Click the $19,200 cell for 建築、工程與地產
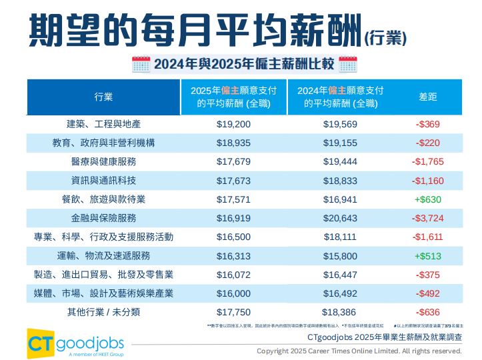click(233, 124)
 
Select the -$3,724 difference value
click(429, 218)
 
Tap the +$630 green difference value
click(429, 199)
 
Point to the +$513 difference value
click(429, 256)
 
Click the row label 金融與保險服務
click(103, 218)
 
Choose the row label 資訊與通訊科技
click(103, 181)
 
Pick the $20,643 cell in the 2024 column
click(340, 218)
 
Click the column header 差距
click(428, 97)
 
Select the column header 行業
click(103, 97)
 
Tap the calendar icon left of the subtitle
click(141, 65)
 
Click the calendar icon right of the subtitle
click(348, 65)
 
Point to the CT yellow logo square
click(41, 341)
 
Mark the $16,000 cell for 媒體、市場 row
click(233, 293)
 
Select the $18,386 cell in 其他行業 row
click(340, 312)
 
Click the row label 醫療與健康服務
click(103, 162)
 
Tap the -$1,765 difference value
click(429, 162)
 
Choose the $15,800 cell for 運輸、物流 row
click(340, 256)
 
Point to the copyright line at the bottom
click(359, 351)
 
